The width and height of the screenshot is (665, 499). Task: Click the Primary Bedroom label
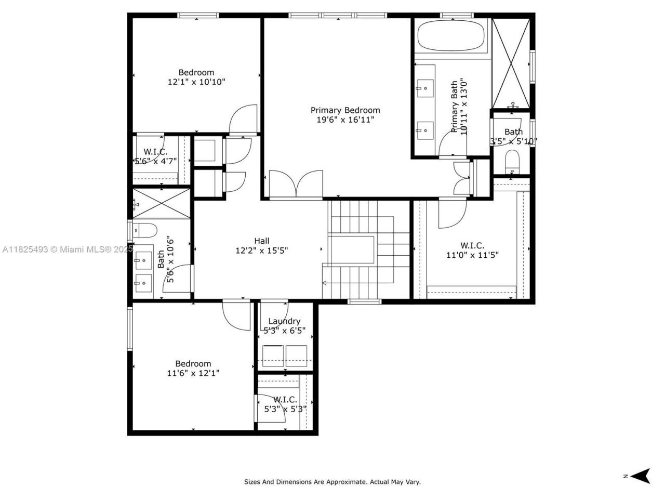pyautogui.click(x=345, y=110)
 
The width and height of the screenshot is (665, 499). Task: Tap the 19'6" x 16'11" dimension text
pyautogui.click(x=345, y=120)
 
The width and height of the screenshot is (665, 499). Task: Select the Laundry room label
pyautogui.click(x=284, y=321)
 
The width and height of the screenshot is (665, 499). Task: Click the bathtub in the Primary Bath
pyautogui.click(x=451, y=36)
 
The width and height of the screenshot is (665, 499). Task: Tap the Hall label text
pyautogui.click(x=261, y=241)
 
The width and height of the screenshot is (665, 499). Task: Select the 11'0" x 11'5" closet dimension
pyautogui.click(x=472, y=255)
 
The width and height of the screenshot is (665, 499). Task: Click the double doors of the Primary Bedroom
pyautogui.click(x=296, y=184)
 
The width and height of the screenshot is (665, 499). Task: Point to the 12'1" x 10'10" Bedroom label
pyautogui.click(x=196, y=73)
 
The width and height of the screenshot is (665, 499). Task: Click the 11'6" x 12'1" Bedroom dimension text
pyautogui.click(x=193, y=373)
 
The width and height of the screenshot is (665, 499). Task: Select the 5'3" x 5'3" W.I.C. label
pyautogui.click(x=285, y=400)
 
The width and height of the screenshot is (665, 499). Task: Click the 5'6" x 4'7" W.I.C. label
pyautogui.click(x=155, y=152)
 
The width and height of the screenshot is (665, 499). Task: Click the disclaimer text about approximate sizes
pyautogui.click(x=332, y=482)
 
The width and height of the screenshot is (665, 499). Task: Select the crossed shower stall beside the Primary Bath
pyautogui.click(x=511, y=63)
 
